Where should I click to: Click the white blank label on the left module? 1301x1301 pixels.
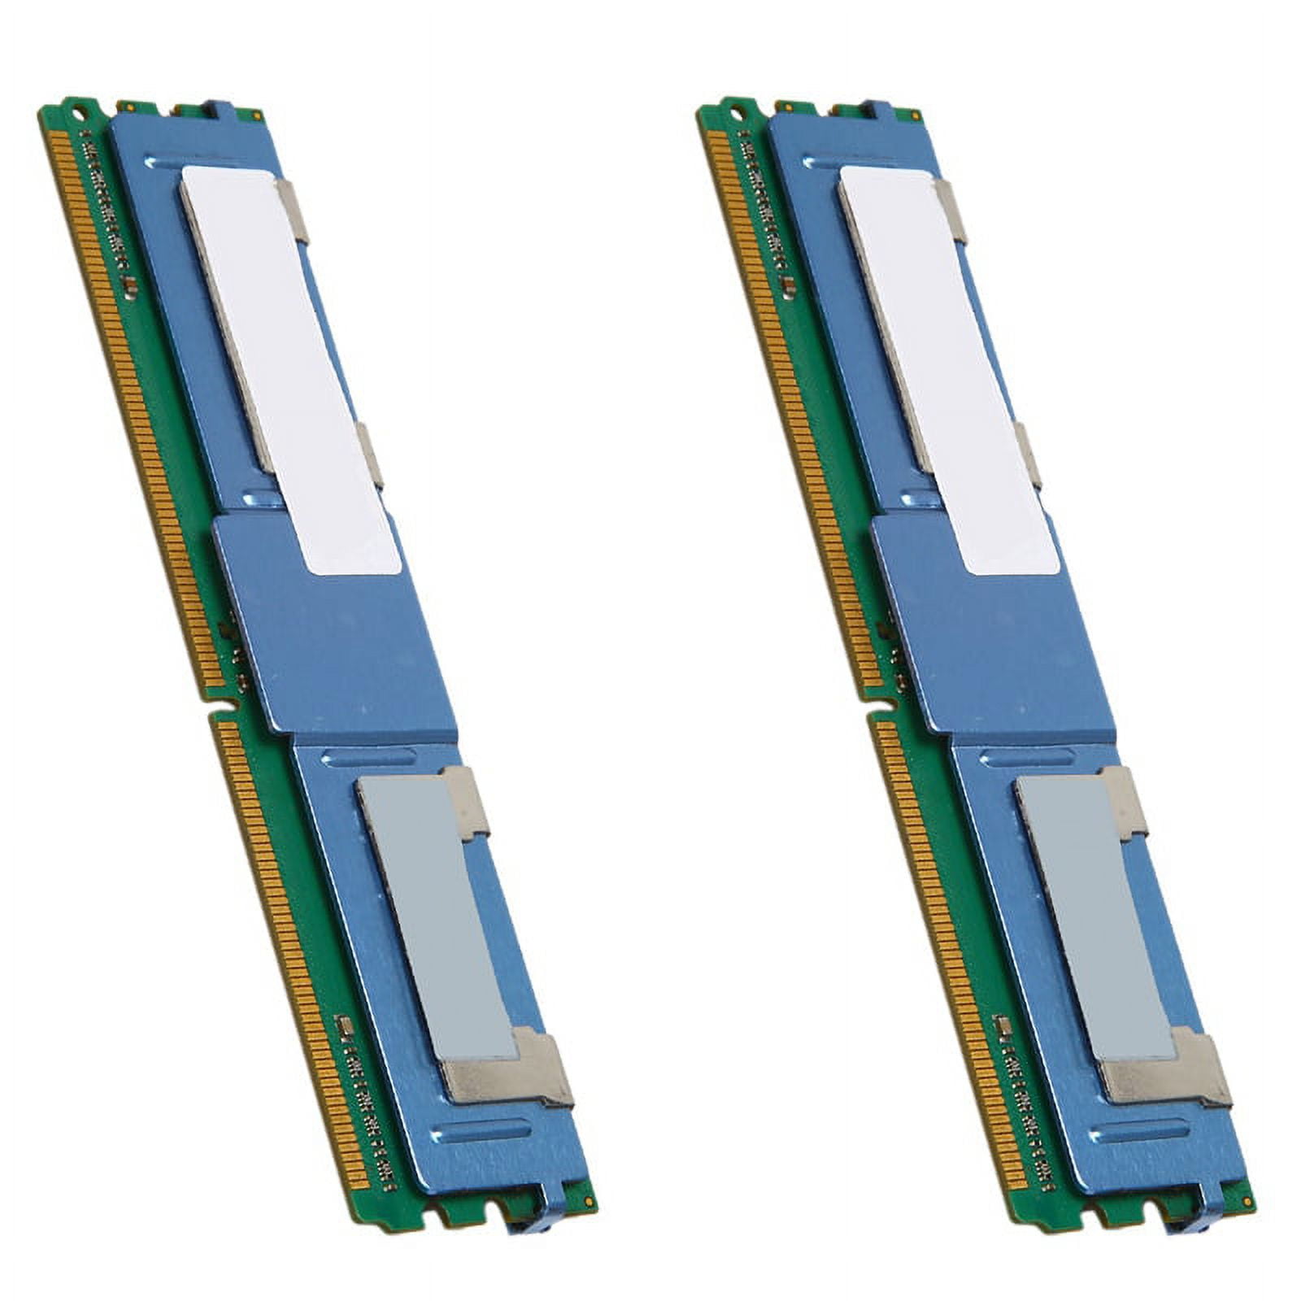tap(289, 366)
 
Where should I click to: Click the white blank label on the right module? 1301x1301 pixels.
tap(947, 366)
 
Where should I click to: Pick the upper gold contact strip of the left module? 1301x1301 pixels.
tap(130, 407)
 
